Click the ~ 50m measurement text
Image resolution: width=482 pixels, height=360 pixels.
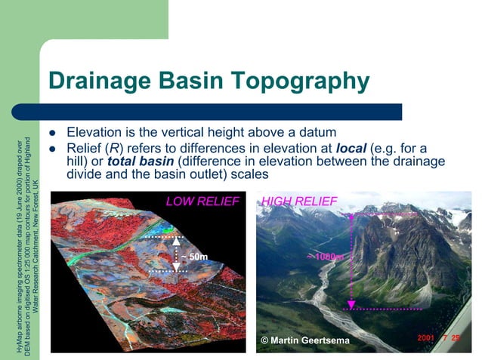pos(192,257)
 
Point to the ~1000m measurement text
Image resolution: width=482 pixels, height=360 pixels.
pos(324,257)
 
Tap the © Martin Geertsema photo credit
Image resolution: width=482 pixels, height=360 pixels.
pos(304,341)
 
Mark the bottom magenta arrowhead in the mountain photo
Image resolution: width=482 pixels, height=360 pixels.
pos(351,305)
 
